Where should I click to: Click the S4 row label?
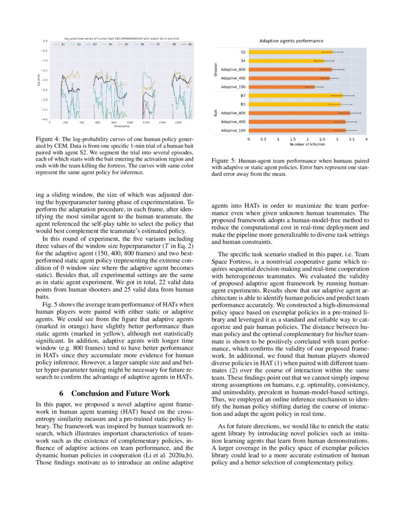pos(243,60)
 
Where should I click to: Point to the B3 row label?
pos(243,104)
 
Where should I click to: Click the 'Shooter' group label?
pos(216,70)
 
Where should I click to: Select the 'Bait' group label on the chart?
pos(216,113)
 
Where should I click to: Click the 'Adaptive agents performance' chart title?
pos(291,41)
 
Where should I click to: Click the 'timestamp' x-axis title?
pos(121,126)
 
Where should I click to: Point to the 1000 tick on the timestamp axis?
pos(130,122)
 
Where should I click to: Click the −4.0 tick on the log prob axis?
pos(44,119)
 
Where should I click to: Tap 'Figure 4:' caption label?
pos(47,139)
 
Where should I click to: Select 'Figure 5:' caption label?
pos(222,161)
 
